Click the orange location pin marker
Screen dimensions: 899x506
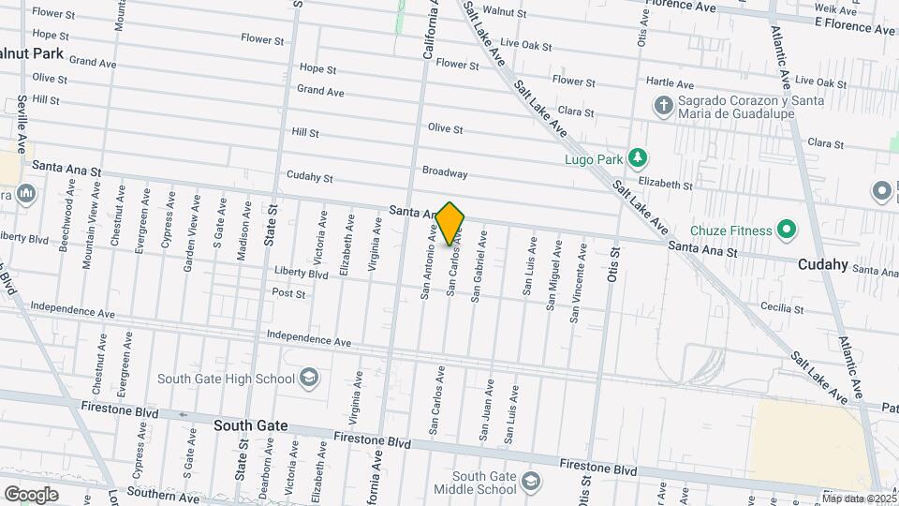pyautogui.click(x=450, y=224)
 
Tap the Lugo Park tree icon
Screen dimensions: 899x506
pyautogui.click(x=638, y=156)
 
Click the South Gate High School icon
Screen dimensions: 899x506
pyautogui.click(x=308, y=378)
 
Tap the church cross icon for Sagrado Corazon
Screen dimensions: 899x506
pyautogui.click(x=663, y=105)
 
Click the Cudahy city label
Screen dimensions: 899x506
pyautogui.click(x=823, y=265)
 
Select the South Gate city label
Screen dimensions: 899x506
pyautogui.click(x=250, y=425)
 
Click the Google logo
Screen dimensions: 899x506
pyautogui.click(x=31, y=494)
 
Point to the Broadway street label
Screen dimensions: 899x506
pyautogui.click(x=445, y=173)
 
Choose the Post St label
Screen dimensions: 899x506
pyautogui.click(x=288, y=293)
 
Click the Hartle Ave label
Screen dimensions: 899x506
pyautogui.click(x=676, y=84)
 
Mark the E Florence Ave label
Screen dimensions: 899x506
pyautogui.click(x=855, y=29)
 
